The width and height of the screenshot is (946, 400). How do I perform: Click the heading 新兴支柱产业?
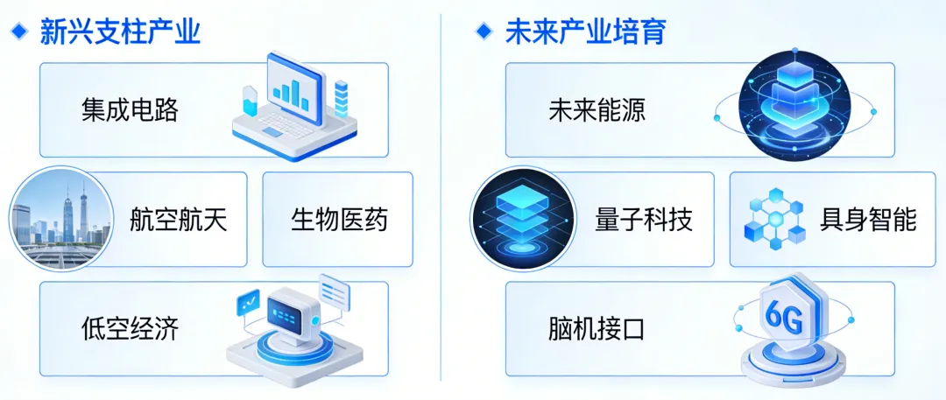(121, 32)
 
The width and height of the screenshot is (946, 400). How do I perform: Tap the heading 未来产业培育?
(585, 32)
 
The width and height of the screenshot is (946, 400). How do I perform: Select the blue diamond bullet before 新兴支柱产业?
(18, 32)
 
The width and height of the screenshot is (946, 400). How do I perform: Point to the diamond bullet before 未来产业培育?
(483, 32)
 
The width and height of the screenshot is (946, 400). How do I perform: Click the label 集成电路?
(130, 110)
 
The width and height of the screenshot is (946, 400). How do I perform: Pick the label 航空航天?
(178, 219)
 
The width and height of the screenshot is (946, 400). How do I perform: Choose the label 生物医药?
(339, 219)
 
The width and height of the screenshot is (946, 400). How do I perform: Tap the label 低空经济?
(130, 328)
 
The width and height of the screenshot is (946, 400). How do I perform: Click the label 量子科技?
(644, 219)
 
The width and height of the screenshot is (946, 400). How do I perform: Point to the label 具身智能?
(868, 219)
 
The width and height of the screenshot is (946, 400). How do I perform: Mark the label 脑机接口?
(596, 328)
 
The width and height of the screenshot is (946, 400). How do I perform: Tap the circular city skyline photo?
(62, 219)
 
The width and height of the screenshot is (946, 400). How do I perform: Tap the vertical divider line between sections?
(441, 201)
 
